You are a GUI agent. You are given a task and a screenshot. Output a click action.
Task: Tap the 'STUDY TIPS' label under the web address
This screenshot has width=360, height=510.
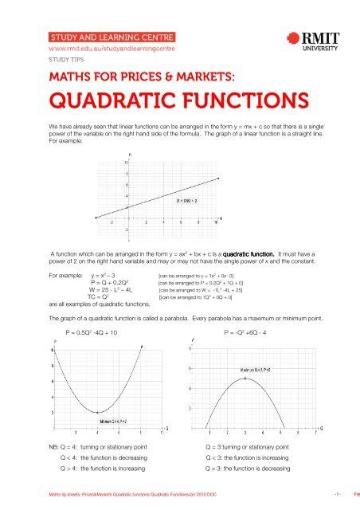click(x=66, y=59)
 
